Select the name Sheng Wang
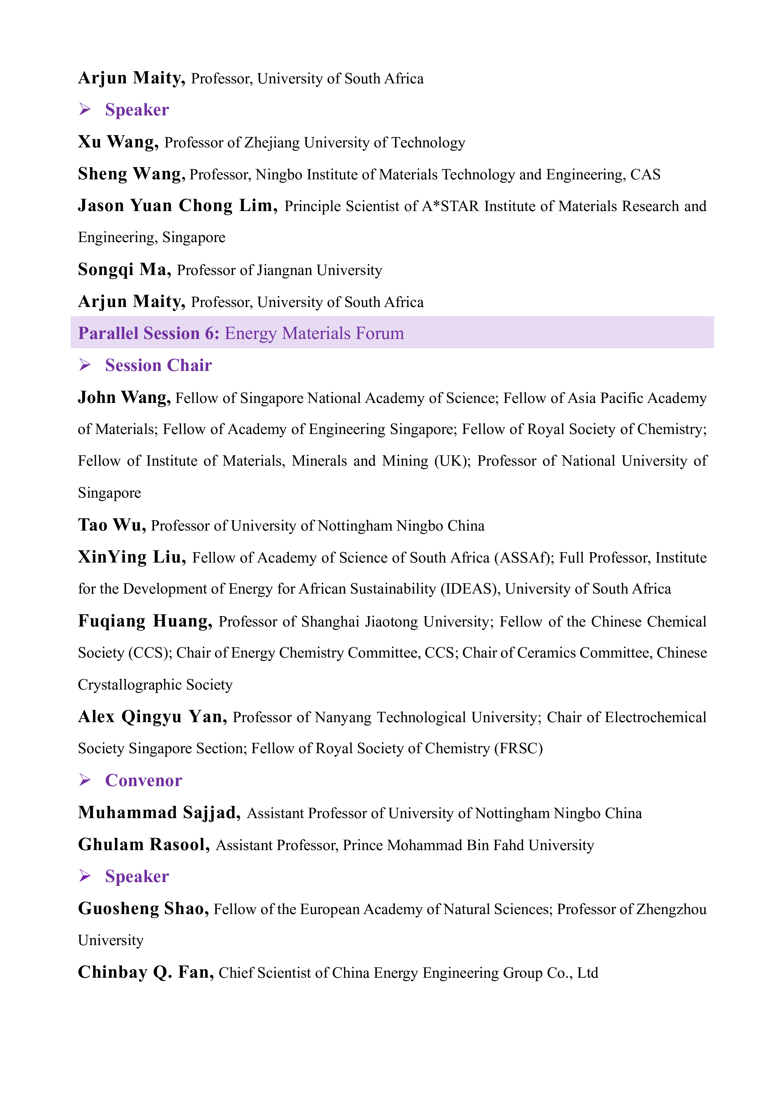pyautogui.click(x=131, y=174)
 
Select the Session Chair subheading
pyautogui.click(x=158, y=365)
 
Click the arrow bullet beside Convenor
pyautogui.click(x=85, y=780)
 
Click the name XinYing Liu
pyautogui.click(x=132, y=557)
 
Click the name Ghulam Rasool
pyautogui.click(x=144, y=845)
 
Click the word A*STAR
pyautogui.click(x=450, y=206)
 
